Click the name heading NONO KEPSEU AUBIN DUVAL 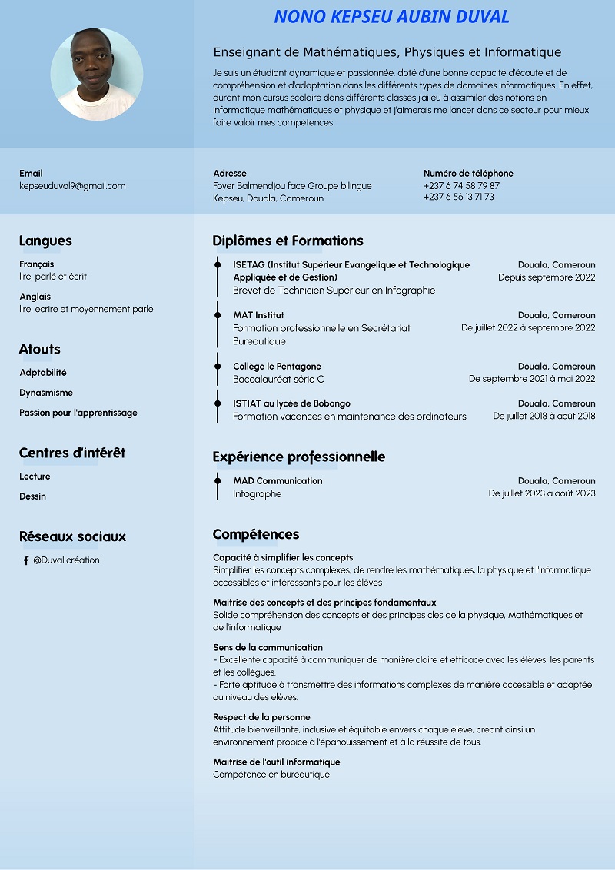[x=391, y=17]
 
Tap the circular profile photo [x=97, y=75]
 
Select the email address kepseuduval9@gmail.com [x=72, y=186]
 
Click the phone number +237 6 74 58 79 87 [x=461, y=186]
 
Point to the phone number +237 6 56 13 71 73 [x=459, y=197]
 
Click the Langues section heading [x=45, y=241]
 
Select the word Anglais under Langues [x=35, y=297]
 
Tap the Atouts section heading [x=40, y=349]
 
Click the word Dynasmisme [x=46, y=393]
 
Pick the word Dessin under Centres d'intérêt [x=33, y=496]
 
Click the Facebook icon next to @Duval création [x=26, y=560]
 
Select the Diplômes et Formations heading [x=288, y=241]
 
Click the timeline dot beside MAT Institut [x=218, y=315]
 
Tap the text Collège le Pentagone [x=277, y=367]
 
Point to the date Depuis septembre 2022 [x=547, y=277]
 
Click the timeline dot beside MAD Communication [x=218, y=481]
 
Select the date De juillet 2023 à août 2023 [x=542, y=493]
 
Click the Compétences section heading [x=256, y=534]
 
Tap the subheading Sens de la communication [x=268, y=648]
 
